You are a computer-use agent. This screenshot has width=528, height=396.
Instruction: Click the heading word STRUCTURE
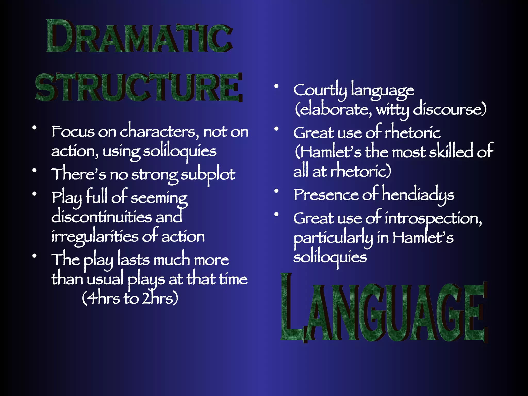pyautogui.click(x=139, y=87)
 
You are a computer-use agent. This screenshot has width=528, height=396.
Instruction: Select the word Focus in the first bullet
pyautogui.click(x=73, y=132)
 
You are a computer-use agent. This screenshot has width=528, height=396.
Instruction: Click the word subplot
pyautogui.click(x=208, y=175)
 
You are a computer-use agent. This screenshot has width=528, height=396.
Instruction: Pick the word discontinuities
pyautogui.click(x=102, y=217)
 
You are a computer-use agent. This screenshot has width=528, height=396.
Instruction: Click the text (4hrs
pyautogui.click(x=101, y=298)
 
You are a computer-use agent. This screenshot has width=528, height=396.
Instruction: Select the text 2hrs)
pyautogui.click(x=160, y=298)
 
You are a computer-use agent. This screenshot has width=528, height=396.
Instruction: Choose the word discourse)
pyautogui.click(x=450, y=110)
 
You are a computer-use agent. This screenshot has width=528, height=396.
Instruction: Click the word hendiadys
pyautogui.click(x=418, y=195)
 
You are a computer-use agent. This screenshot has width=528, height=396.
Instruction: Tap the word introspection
pyautogui.click(x=433, y=219)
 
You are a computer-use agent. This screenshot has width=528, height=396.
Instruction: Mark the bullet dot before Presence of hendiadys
pyautogui.click(x=276, y=191)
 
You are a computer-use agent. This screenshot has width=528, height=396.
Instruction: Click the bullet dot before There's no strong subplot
pyautogui.click(x=34, y=170)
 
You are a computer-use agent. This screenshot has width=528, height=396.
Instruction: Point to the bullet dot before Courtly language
pyautogui.click(x=276, y=86)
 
